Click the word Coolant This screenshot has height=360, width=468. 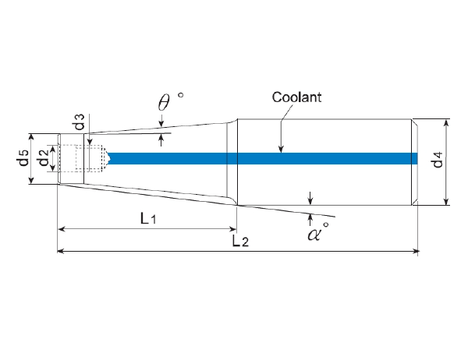coord(297,97)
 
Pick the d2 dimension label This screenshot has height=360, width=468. coord(44,158)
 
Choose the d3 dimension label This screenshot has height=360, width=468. coord(79,123)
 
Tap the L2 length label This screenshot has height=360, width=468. coord(240,241)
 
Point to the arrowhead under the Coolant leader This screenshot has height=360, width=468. coord(281,148)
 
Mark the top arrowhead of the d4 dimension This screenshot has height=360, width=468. coord(447,123)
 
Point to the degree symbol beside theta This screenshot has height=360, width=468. coord(181,96)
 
